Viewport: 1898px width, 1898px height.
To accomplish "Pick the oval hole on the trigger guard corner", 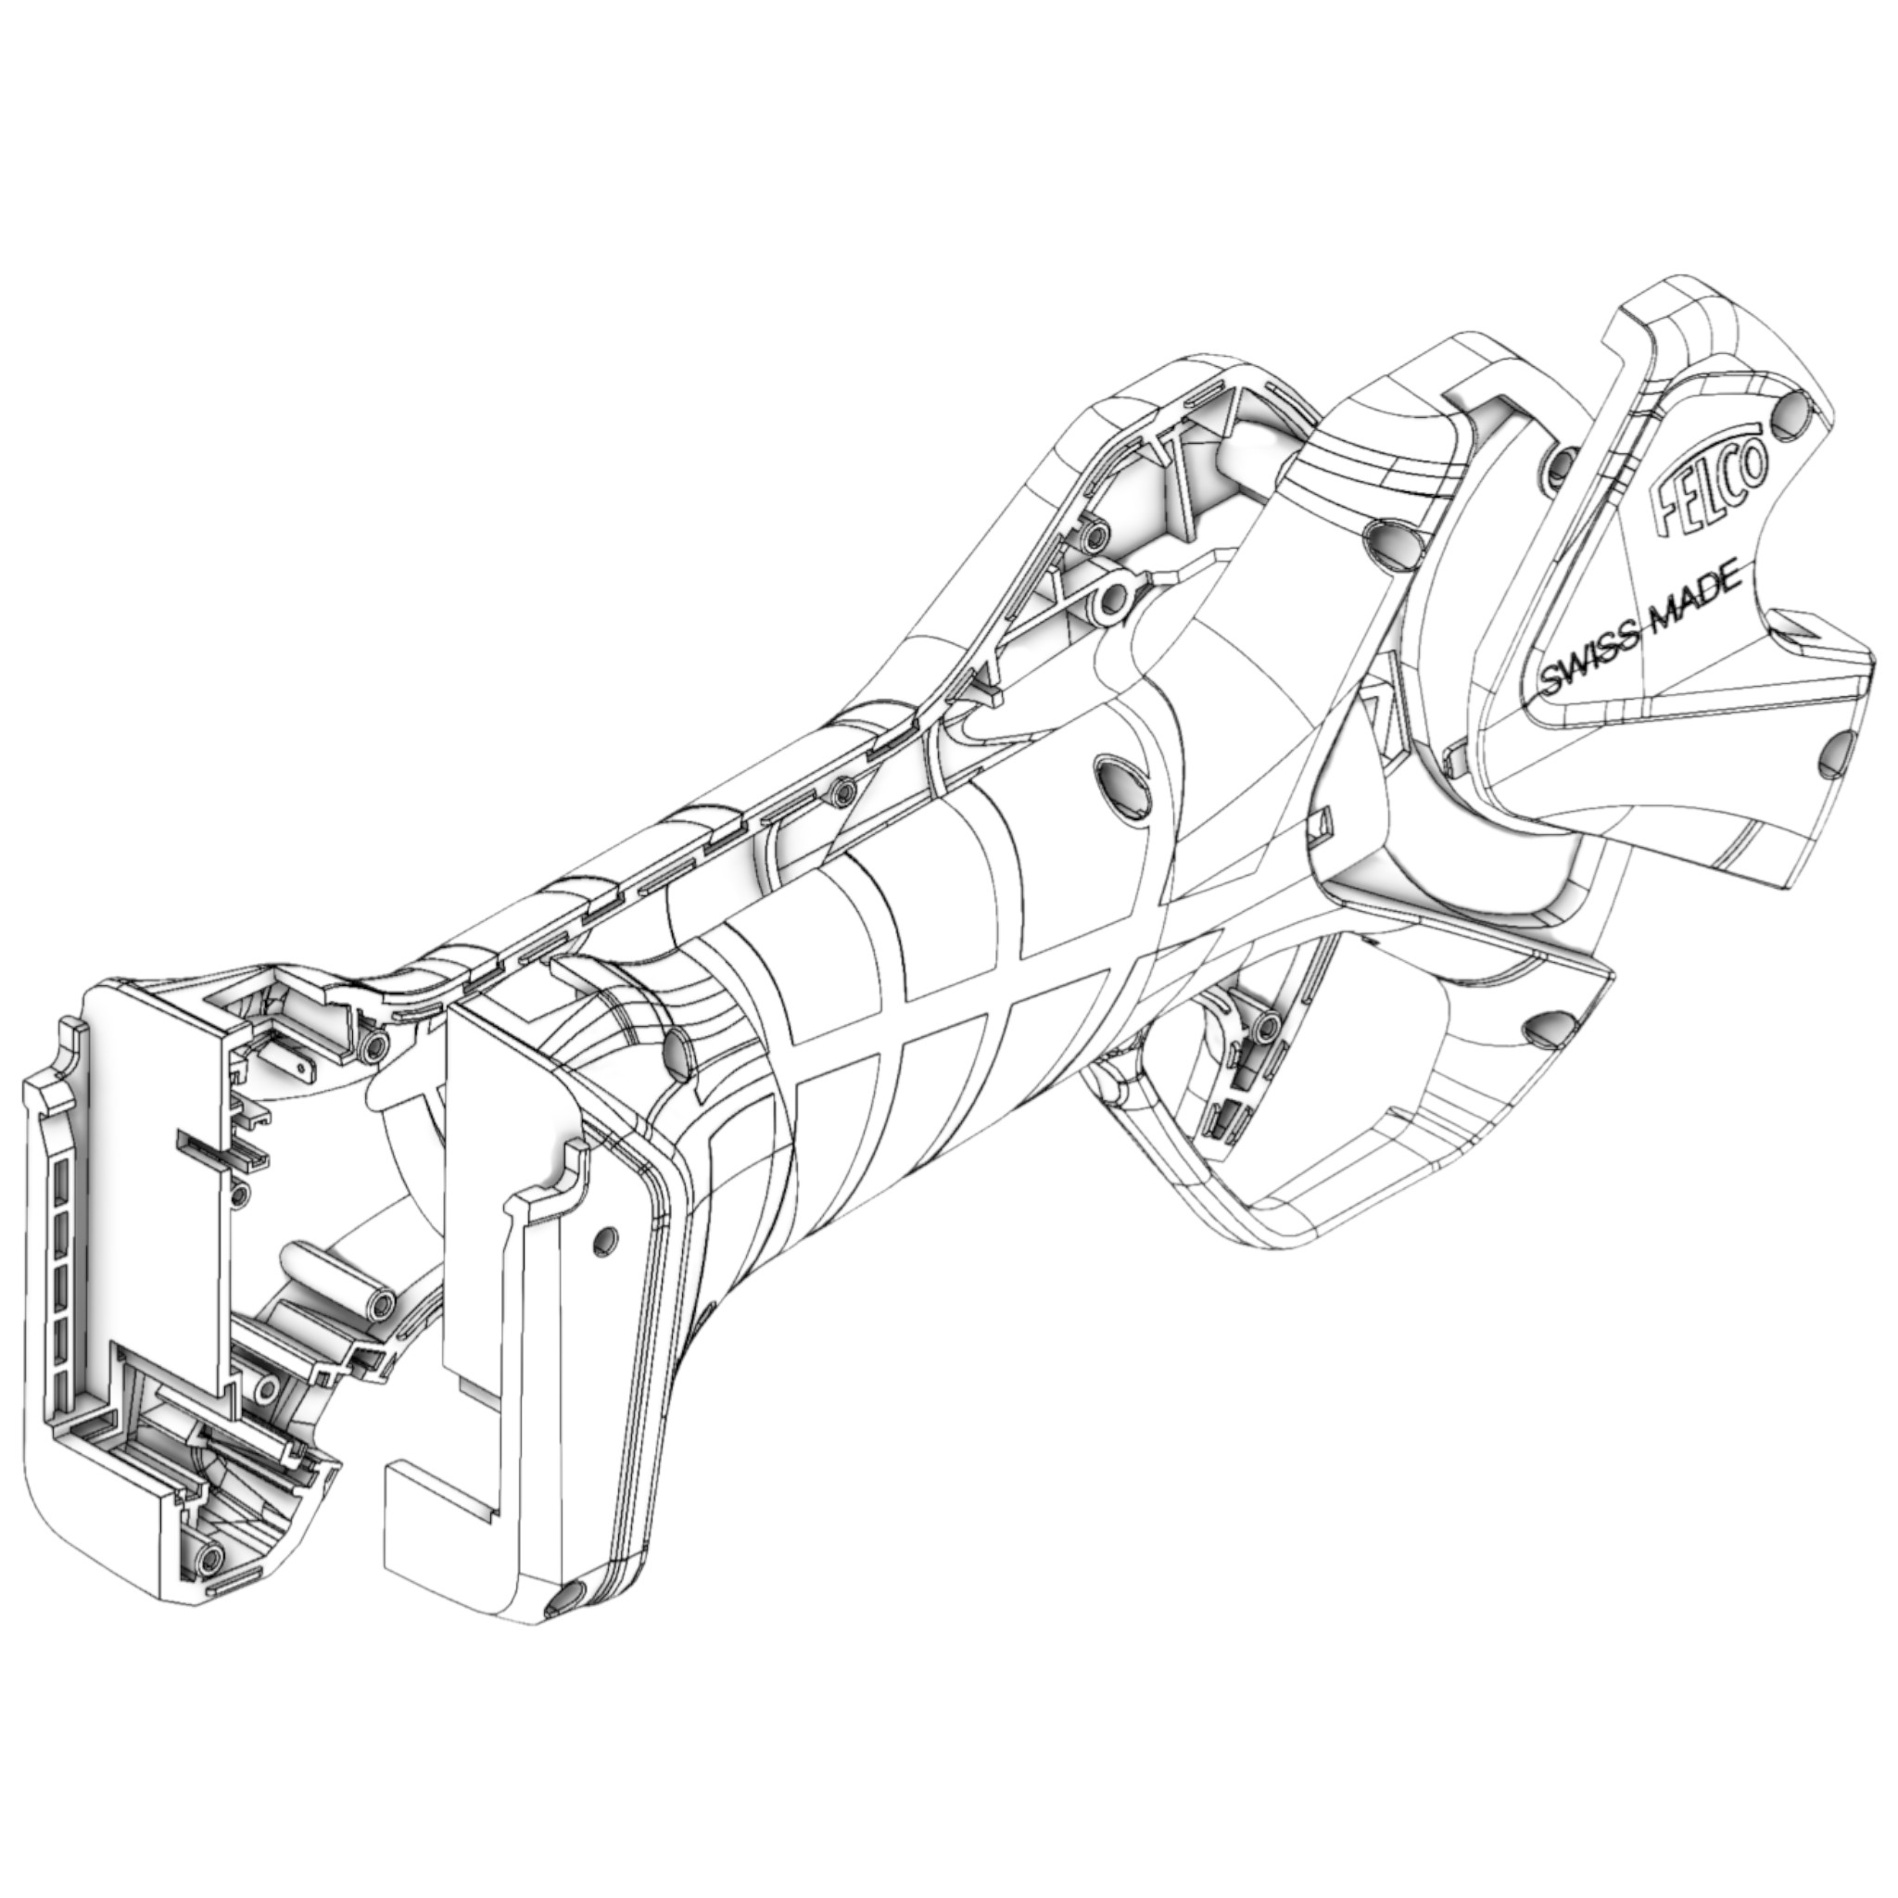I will coord(1544,1030).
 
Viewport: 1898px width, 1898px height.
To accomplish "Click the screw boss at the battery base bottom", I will coord(209,1555).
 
